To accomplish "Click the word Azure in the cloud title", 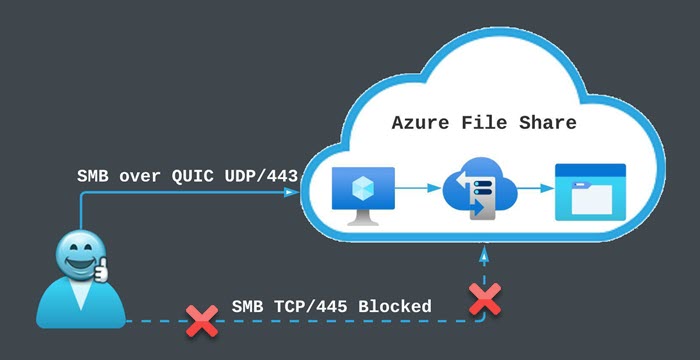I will [x=422, y=124].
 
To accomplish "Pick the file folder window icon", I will [x=590, y=191].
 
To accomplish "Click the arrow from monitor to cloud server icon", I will [x=419, y=186].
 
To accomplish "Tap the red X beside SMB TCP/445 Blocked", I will [x=203, y=321].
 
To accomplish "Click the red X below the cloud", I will [x=485, y=297].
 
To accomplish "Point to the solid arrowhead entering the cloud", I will [x=297, y=194].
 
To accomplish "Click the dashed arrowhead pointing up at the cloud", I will [x=485, y=256].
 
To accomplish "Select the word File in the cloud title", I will [x=489, y=124].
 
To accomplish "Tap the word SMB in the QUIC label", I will [x=93, y=177].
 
